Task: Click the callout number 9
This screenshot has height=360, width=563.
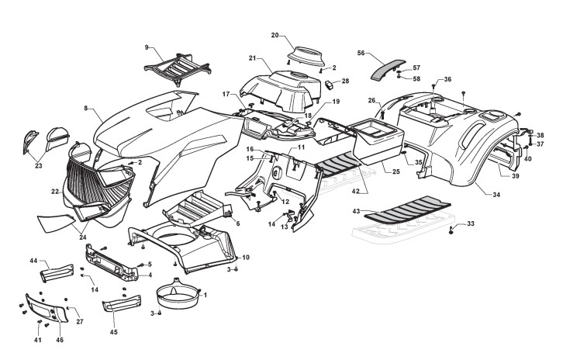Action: [x=146, y=48]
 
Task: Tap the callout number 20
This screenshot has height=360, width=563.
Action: [x=275, y=36]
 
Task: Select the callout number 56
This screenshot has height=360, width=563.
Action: [x=361, y=53]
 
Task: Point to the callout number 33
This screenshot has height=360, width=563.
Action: [x=470, y=224]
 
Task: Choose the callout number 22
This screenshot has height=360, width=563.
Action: [x=55, y=192]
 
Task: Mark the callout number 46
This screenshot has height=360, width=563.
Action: [x=60, y=340]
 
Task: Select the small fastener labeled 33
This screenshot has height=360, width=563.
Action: [x=451, y=230]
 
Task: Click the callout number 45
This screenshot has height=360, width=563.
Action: [x=113, y=332]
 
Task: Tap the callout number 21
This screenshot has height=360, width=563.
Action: [x=253, y=58]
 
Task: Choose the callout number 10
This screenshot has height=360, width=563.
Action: [x=246, y=257]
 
